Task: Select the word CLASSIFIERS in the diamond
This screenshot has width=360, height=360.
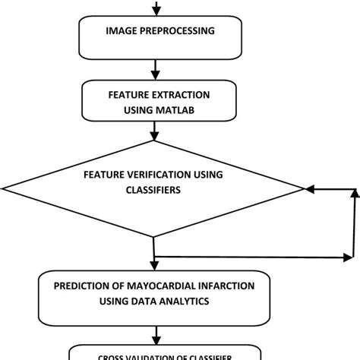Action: (x=151, y=191)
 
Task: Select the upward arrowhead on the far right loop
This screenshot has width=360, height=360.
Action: (x=354, y=194)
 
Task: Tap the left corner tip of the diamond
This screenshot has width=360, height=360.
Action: (x=4, y=188)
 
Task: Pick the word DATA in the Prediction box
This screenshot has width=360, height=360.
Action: (x=143, y=301)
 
